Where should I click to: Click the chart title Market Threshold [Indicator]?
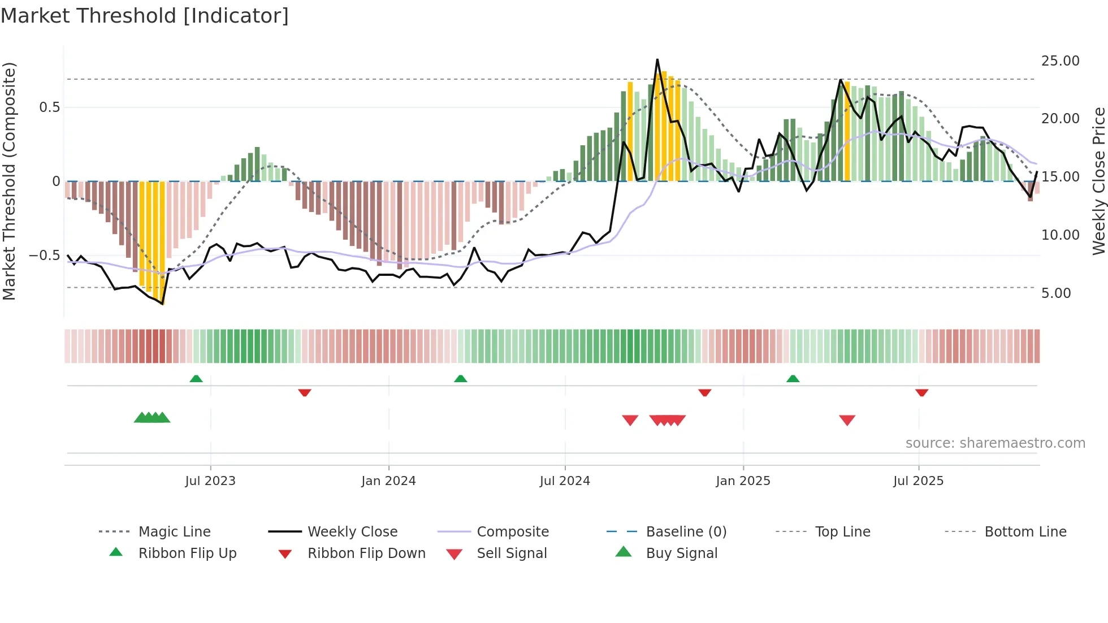click(145, 16)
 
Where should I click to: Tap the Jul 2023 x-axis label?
click(210, 481)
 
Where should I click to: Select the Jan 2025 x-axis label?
click(743, 481)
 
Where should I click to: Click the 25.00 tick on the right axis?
click(1060, 61)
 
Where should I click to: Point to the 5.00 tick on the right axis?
click(1056, 293)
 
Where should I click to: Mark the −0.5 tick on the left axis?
click(45, 256)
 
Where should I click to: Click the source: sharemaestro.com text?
click(995, 443)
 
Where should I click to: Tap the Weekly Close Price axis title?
click(1098, 181)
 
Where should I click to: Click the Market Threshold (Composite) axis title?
click(9, 181)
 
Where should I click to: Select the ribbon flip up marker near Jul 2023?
click(196, 379)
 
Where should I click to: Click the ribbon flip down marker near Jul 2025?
click(921, 392)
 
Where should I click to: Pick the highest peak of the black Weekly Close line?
click(657, 59)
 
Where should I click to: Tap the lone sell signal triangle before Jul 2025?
click(847, 420)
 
